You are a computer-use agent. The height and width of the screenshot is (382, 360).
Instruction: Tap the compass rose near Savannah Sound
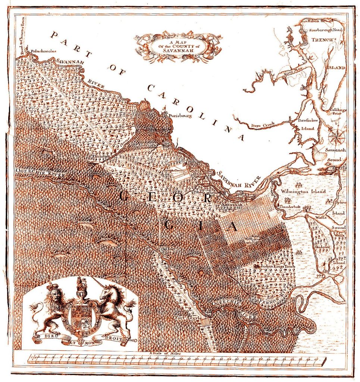pos(336,136)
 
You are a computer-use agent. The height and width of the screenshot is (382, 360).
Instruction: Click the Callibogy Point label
pos(335,112)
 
